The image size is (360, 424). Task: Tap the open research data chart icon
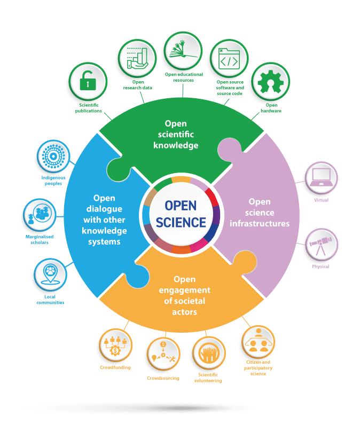(x=136, y=57)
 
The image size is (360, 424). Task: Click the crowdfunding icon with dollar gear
(x=115, y=346)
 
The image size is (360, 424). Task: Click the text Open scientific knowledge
(x=176, y=134)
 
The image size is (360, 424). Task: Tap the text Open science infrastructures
(x=260, y=213)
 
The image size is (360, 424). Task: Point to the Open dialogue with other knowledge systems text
(x=105, y=219)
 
